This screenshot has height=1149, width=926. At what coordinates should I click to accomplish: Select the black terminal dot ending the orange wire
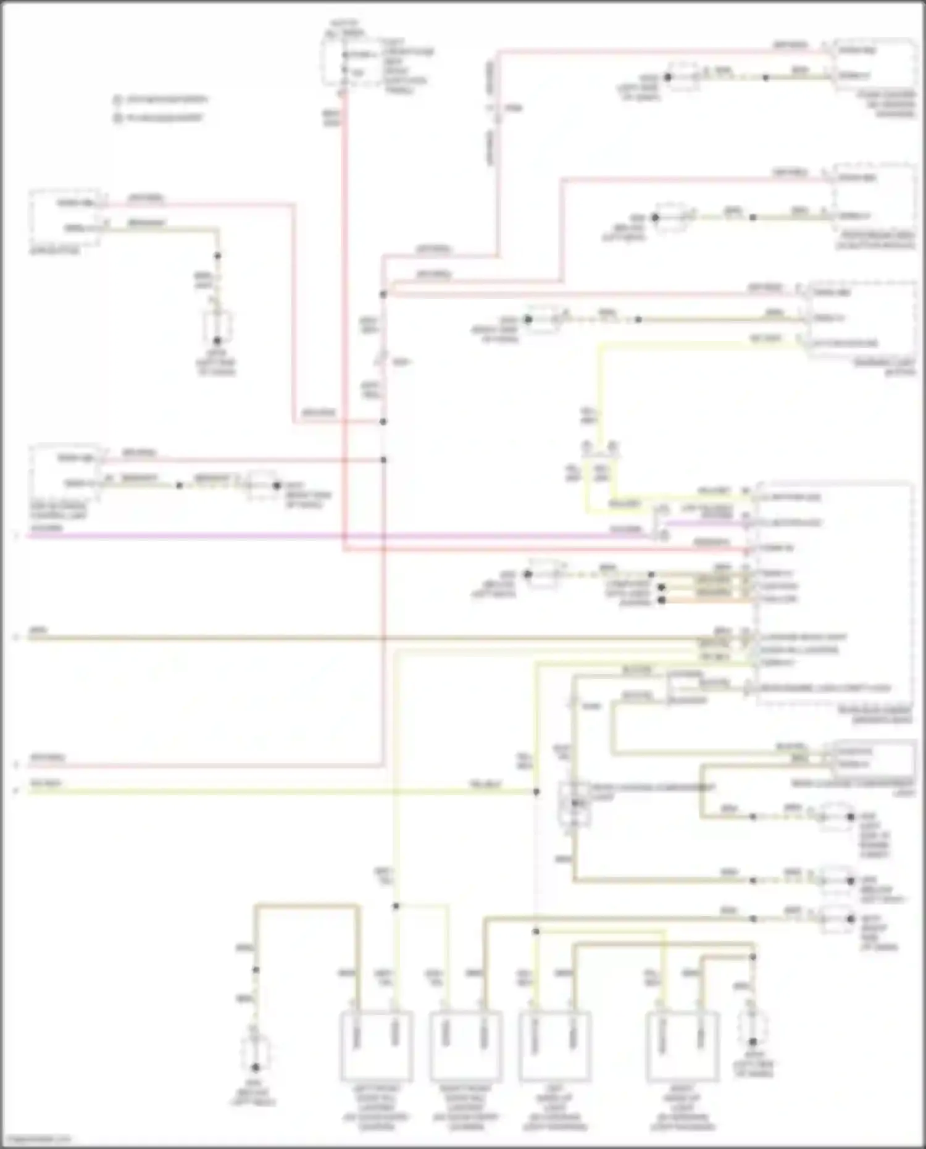(x=662, y=600)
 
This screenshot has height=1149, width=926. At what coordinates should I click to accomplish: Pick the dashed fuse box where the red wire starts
(x=343, y=62)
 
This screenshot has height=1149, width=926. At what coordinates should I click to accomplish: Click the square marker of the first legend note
(x=117, y=99)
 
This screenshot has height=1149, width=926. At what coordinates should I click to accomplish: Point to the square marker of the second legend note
(x=117, y=117)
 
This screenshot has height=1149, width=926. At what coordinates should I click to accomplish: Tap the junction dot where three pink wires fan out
(x=383, y=295)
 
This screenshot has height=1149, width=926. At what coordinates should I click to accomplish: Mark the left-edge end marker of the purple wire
(x=17, y=536)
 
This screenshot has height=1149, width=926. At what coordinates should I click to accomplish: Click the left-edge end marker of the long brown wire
(x=17, y=637)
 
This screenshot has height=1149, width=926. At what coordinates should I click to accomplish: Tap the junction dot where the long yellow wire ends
(x=536, y=791)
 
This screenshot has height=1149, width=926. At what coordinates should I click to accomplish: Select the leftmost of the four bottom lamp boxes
(x=376, y=1047)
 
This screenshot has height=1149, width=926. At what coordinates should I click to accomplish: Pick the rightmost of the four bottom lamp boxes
(x=682, y=1047)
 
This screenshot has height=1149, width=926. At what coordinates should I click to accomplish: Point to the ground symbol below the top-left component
(x=217, y=327)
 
